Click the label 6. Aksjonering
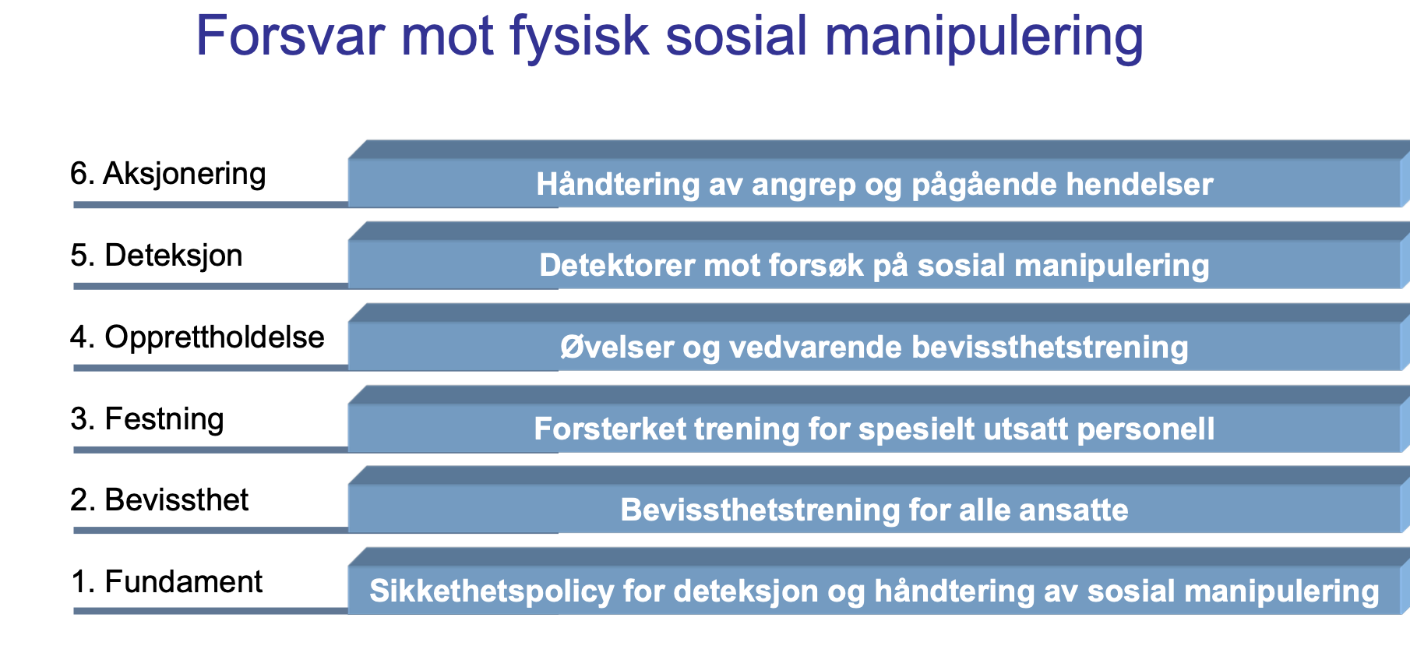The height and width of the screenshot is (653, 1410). [x=167, y=174]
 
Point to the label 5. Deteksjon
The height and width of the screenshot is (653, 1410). [x=156, y=256]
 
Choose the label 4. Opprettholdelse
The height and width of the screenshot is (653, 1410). [x=197, y=337]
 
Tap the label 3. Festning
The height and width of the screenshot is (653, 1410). [x=146, y=419]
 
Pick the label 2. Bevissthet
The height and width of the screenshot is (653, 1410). [x=159, y=500]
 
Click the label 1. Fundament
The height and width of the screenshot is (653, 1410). [x=166, y=582]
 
